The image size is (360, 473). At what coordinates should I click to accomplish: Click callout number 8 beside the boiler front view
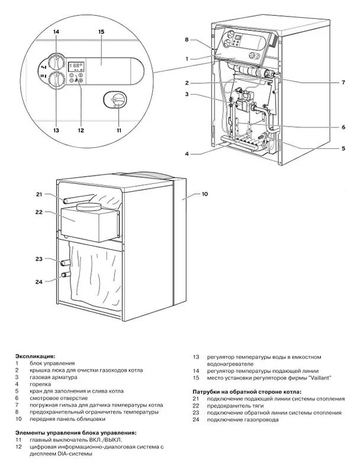click(x=186, y=40)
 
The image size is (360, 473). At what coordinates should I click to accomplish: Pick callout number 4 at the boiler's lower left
click(x=186, y=154)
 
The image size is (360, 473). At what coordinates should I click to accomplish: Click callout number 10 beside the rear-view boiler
click(x=205, y=193)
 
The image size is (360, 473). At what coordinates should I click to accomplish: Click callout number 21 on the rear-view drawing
click(x=38, y=194)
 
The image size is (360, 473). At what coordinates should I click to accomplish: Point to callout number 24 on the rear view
click(x=38, y=281)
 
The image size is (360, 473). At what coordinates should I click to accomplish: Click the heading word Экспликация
click(x=35, y=357)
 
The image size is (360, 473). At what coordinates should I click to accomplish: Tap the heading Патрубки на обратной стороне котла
click(x=247, y=391)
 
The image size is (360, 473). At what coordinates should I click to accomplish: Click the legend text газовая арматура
click(x=52, y=377)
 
